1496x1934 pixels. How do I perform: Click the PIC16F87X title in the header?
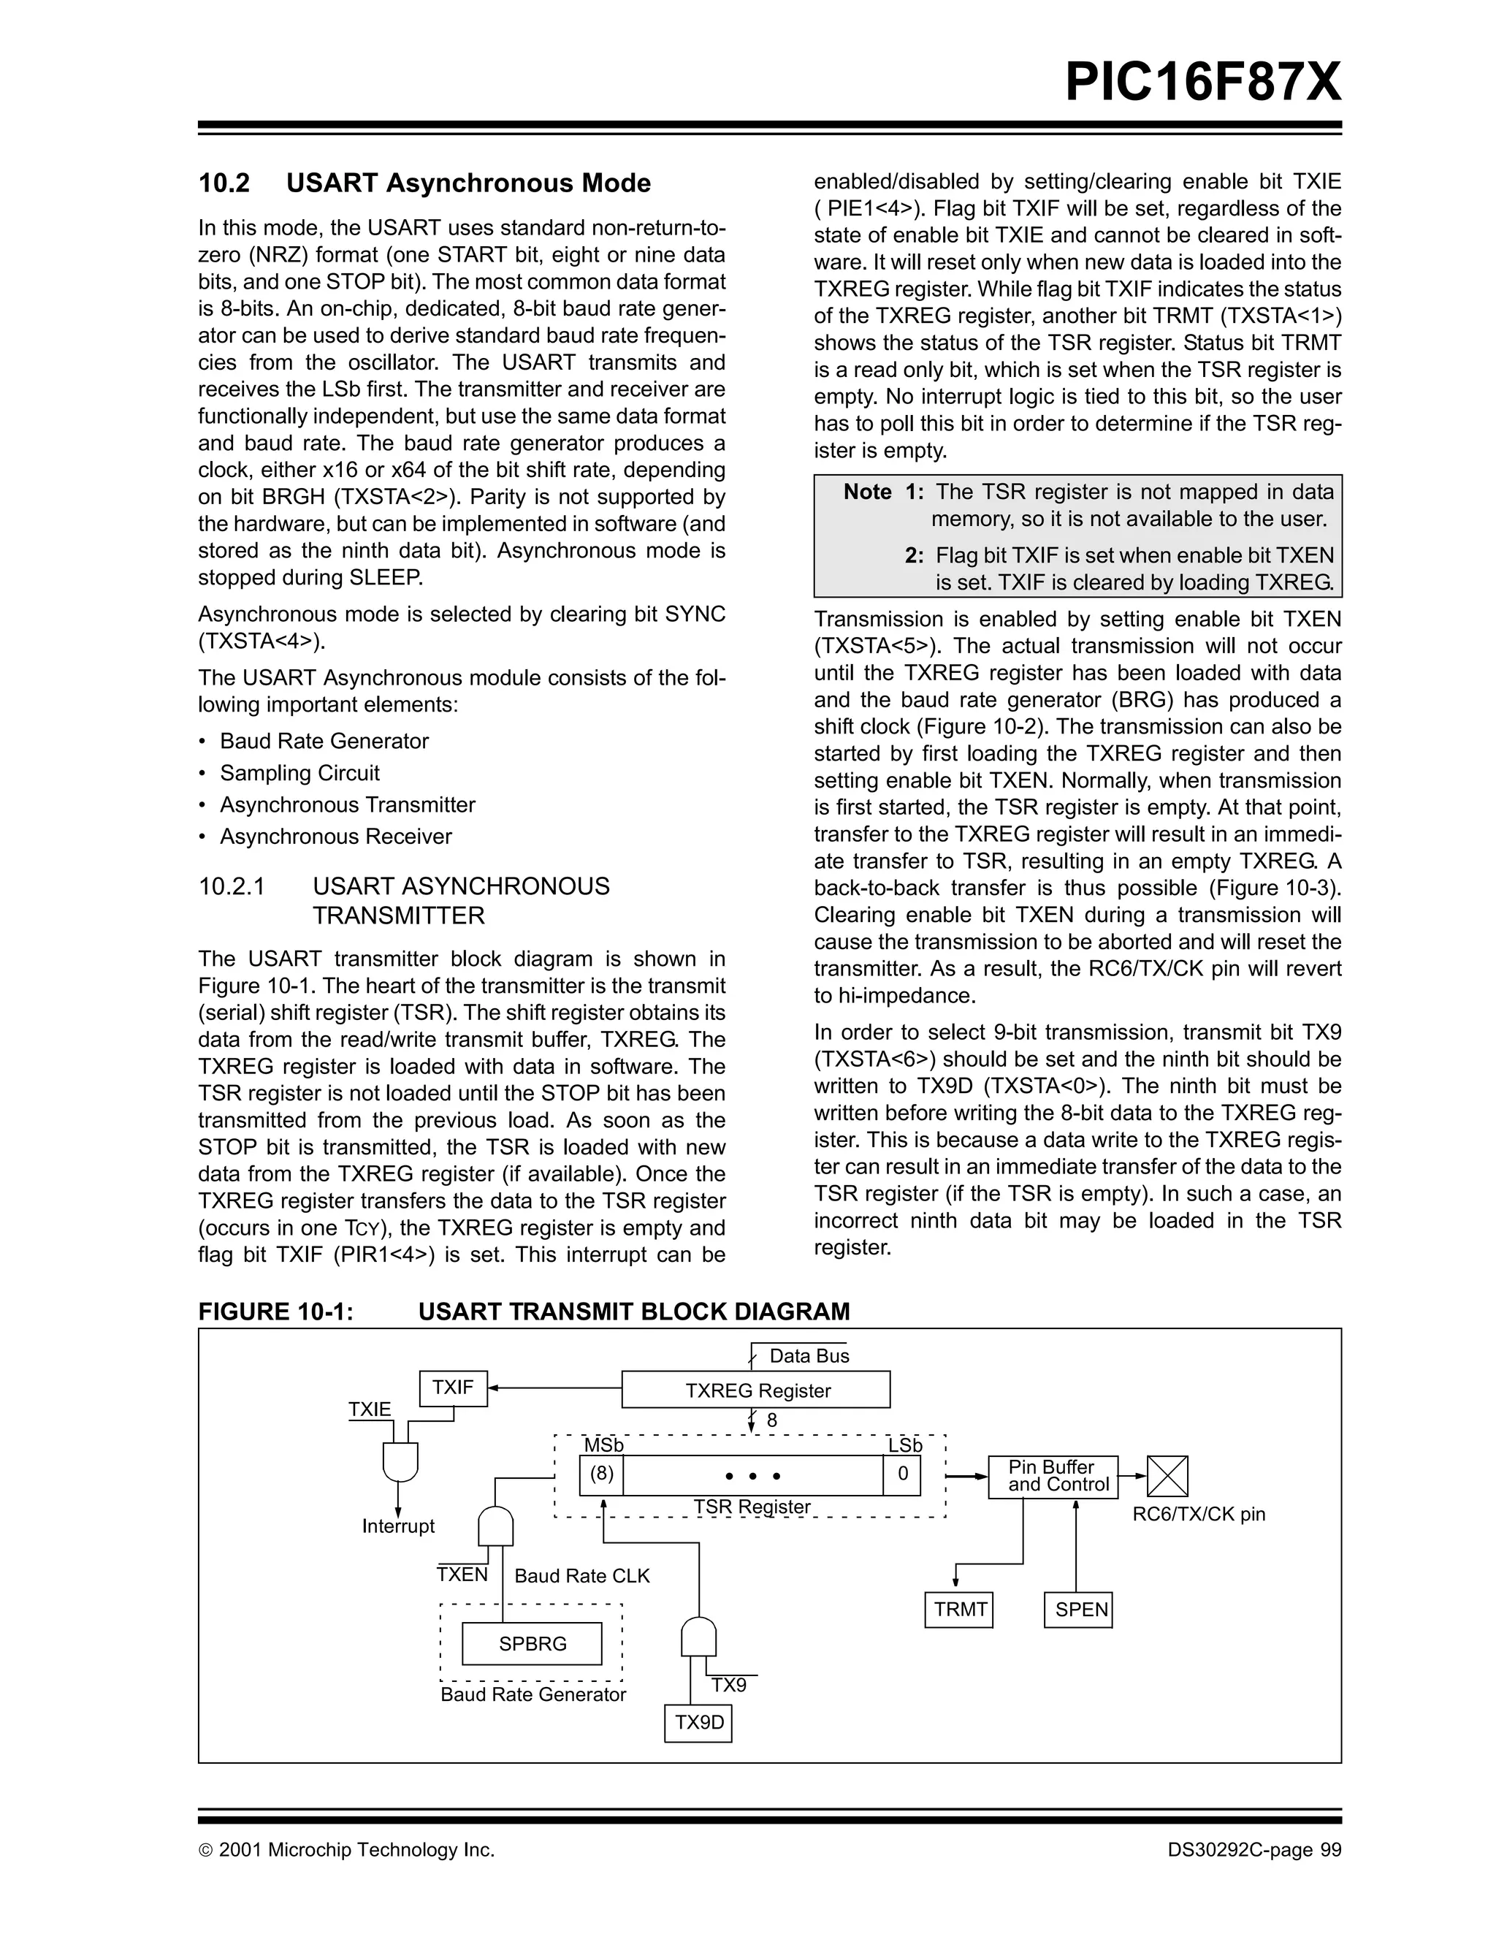pos(1202,83)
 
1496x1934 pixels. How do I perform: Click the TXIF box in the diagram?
pos(452,1387)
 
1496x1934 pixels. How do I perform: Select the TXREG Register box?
pos(756,1390)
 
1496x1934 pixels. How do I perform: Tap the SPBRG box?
pos(532,1643)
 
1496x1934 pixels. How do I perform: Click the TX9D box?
pos(698,1722)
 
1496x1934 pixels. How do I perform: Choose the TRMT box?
pos(960,1609)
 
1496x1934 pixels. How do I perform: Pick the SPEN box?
pos(1078,1609)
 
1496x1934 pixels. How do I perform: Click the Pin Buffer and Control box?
pos(1053,1476)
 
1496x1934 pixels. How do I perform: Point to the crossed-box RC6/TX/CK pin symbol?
pos(1167,1476)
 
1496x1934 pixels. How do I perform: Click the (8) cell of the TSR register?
pos(602,1474)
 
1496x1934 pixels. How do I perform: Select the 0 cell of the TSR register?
pos(902,1474)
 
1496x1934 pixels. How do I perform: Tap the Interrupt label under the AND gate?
pos(398,1526)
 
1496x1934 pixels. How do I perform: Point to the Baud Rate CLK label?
pos(581,1576)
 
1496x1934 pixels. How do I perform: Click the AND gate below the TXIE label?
pos(400,1461)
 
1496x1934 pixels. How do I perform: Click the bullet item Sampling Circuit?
pos(299,773)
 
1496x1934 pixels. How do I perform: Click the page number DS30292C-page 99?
pos(1253,1850)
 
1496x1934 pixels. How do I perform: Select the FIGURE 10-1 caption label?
pos(275,1311)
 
